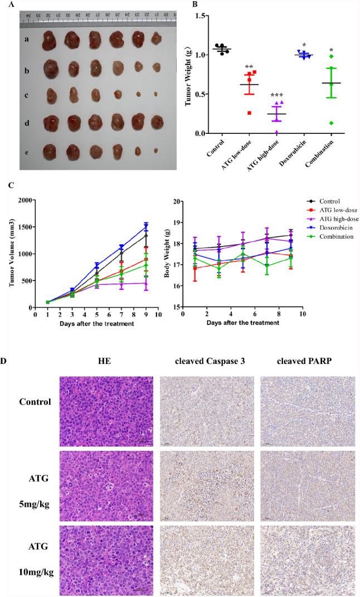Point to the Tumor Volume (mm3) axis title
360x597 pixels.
point(12,254)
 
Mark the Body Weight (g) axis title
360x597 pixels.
point(160,254)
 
